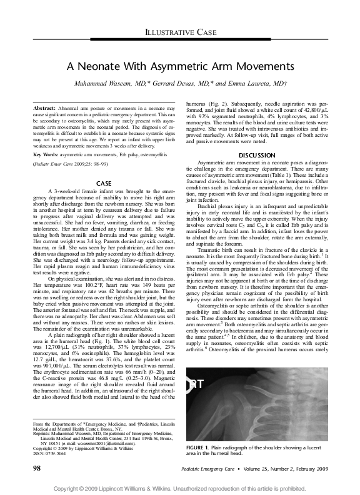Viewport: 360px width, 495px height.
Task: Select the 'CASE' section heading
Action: pos(104,183)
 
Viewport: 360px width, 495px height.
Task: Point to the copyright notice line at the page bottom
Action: pos(179,487)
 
